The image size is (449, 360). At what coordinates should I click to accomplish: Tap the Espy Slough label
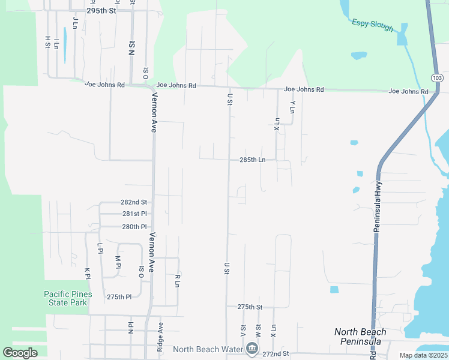[x=373, y=25]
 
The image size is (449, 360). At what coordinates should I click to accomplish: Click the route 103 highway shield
[x=436, y=78]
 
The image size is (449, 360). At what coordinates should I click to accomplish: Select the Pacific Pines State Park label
[x=68, y=298]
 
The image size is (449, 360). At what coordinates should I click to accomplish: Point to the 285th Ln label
[x=252, y=160]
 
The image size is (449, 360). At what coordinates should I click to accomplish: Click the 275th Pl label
[x=119, y=297]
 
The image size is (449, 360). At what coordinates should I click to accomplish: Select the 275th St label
[x=250, y=307]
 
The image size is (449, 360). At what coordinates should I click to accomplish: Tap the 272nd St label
[x=276, y=355]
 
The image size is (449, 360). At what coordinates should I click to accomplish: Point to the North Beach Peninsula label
[x=360, y=337]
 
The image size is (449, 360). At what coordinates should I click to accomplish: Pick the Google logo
[x=20, y=353]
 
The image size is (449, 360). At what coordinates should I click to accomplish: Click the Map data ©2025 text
[x=423, y=355]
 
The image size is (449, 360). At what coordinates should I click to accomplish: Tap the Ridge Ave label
[x=160, y=336]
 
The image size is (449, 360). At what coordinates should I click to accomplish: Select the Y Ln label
[x=292, y=106]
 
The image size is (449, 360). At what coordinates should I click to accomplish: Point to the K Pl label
[x=88, y=273]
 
